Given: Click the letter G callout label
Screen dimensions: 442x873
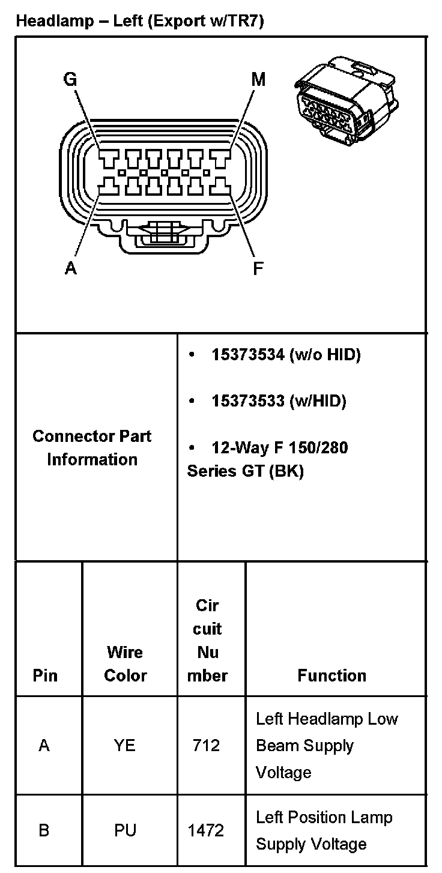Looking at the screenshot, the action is pos(70,79).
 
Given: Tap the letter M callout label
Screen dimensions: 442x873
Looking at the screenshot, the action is pos(258,79).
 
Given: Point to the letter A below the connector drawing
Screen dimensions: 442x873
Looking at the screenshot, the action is pos(71,268).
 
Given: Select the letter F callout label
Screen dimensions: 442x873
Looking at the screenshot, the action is pos(258,268).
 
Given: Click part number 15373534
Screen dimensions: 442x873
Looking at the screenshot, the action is pos(247,355).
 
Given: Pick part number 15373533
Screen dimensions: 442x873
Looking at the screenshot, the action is pos(247,401).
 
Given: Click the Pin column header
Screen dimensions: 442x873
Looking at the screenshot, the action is pos(45,675).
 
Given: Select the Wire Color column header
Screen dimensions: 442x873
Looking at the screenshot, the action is pos(125,663).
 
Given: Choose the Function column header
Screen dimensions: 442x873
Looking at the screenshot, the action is pos(331,675).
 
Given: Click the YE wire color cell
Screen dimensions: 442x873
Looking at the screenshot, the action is pos(125,746).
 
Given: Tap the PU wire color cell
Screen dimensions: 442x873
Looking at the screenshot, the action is pos(125,831).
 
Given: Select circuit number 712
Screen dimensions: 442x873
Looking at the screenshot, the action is pos(206,746).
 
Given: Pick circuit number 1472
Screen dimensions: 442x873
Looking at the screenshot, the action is pos(206,831).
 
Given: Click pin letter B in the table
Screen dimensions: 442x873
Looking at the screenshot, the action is pos(44,831).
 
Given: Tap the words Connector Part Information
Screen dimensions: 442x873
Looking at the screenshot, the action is pos(92,448).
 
